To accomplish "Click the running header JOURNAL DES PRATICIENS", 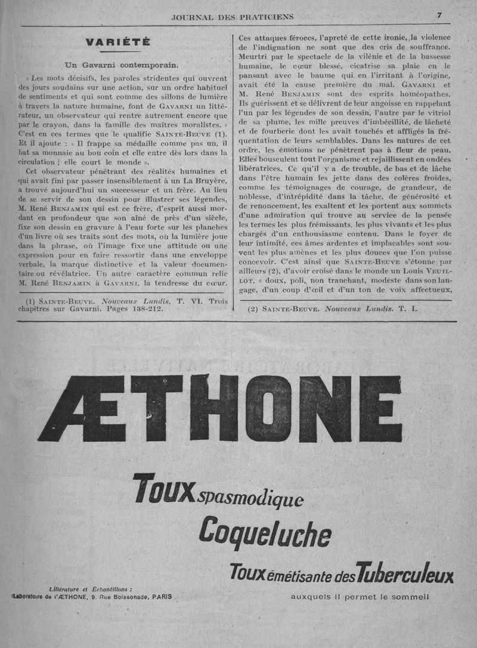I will click(x=232, y=17).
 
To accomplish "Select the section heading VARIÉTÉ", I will click(x=117, y=42).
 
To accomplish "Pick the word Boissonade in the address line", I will click(x=124, y=596).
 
